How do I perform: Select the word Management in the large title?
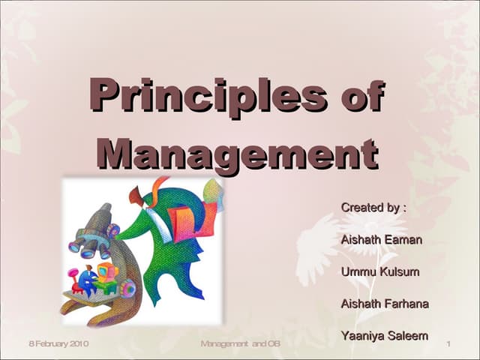237,152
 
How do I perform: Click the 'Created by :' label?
373,207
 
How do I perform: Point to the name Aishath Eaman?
381,240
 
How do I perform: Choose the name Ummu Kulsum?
379,271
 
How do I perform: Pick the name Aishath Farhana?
385,304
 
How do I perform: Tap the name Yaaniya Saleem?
384,336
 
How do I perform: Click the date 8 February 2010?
58,343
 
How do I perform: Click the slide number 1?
447,344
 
